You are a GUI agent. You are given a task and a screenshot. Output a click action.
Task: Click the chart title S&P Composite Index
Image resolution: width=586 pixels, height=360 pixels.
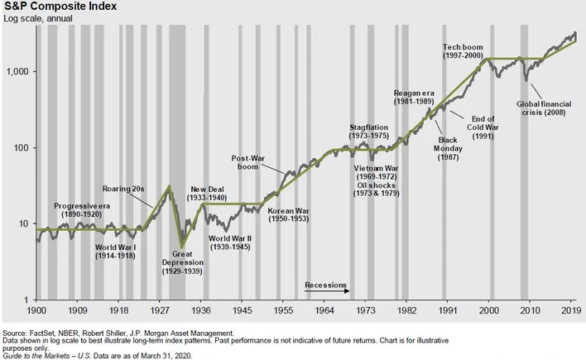coord(53,7)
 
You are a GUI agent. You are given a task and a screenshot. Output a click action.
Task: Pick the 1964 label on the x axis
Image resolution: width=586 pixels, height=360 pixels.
coord(324,309)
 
